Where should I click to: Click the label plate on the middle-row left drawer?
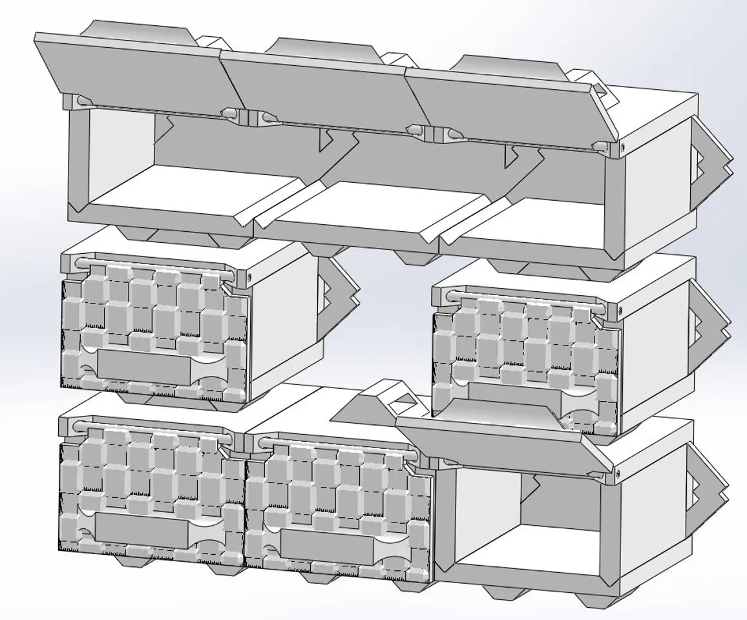click(x=144, y=369)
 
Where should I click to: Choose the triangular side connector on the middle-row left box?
click(x=339, y=294)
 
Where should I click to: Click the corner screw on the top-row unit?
click(x=622, y=149)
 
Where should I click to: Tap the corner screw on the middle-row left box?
click(x=249, y=279)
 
